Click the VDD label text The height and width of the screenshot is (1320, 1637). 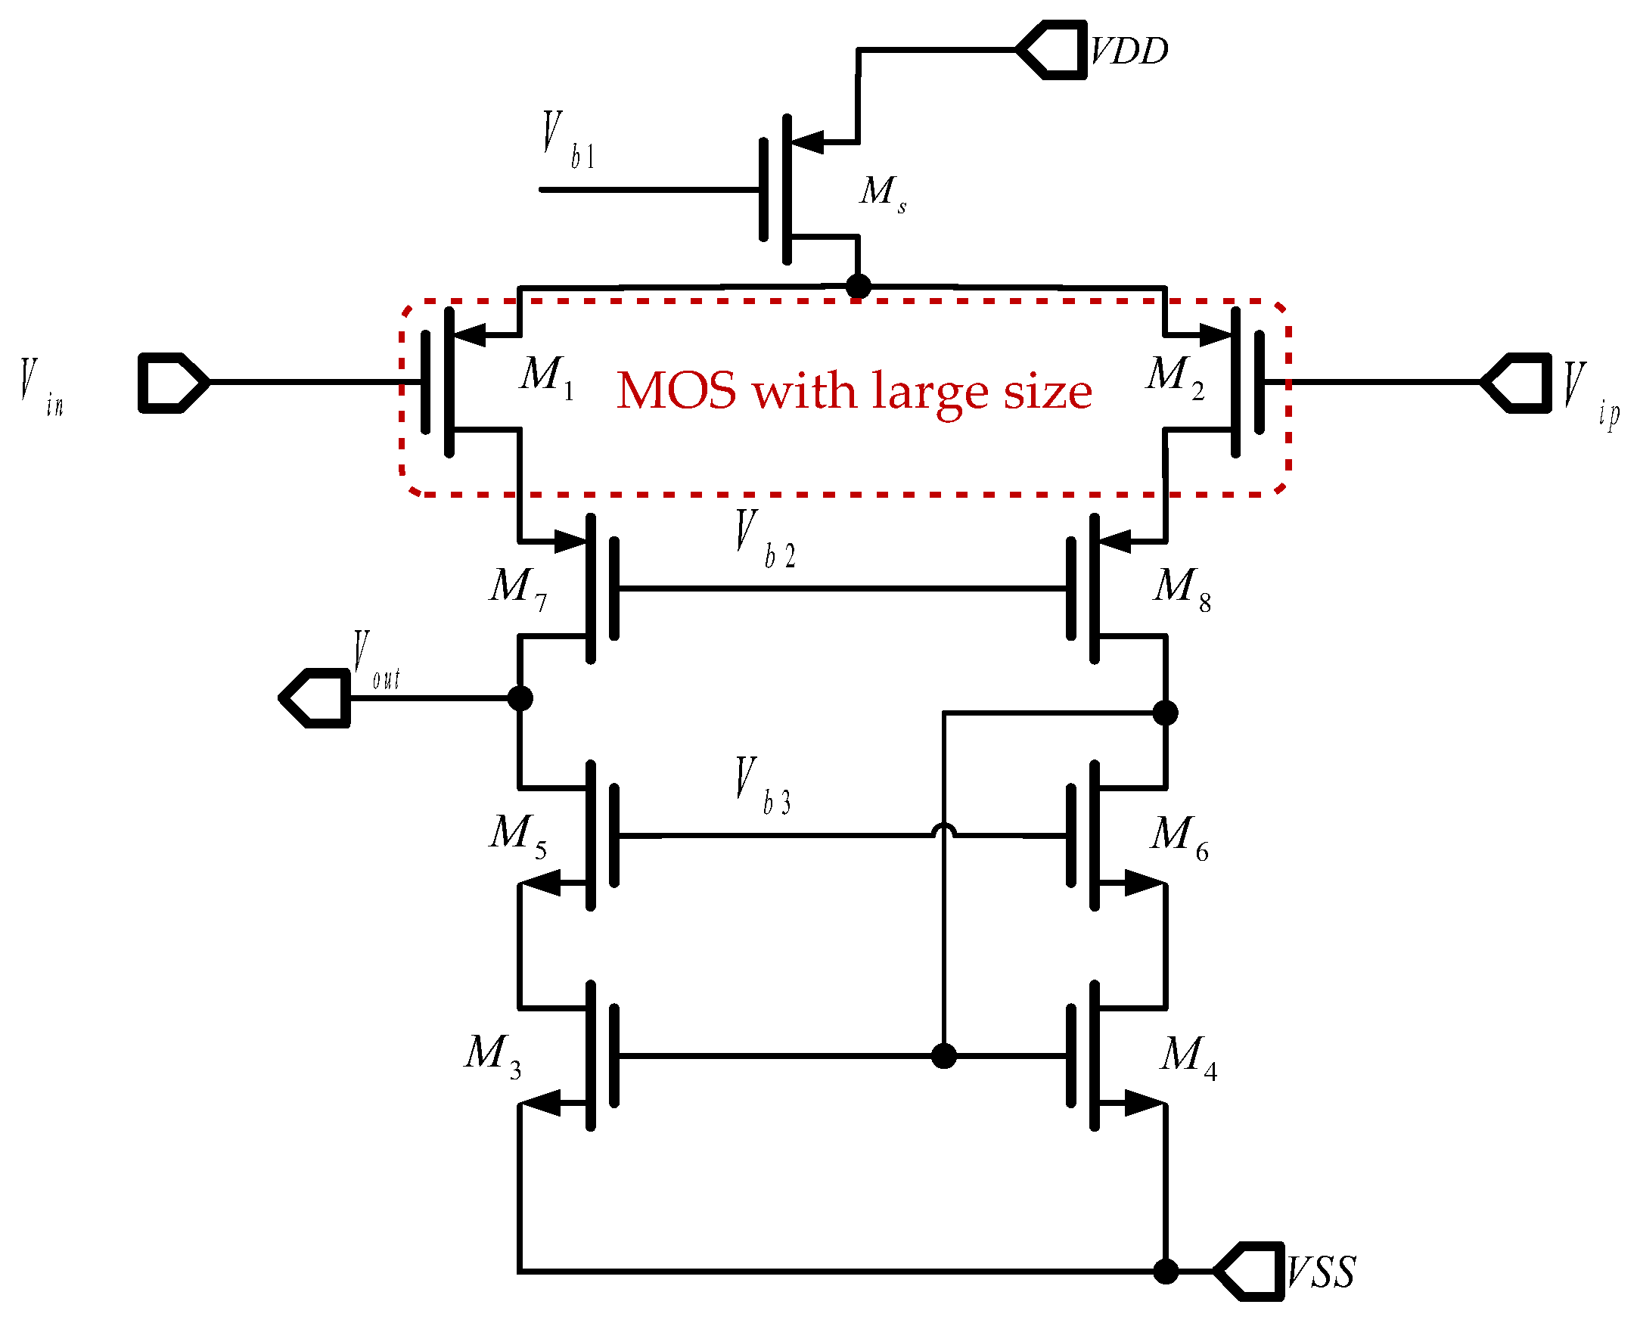(1129, 51)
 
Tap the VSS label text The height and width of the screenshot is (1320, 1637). (1321, 1272)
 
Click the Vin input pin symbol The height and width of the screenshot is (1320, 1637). (172, 383)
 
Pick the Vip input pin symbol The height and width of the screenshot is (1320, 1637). (1517, 383)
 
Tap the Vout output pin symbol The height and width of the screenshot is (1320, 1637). (315, 698)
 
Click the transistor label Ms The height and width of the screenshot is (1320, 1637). (882, 192)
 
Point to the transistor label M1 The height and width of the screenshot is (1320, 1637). (547, 377)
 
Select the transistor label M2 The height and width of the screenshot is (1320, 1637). (1175, 377)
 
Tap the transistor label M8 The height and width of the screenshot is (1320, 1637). (1182, 588)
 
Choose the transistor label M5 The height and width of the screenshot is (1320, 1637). (517, 834)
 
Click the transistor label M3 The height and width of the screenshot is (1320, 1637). (492, 1055)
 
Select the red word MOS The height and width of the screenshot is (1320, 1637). (676, 391)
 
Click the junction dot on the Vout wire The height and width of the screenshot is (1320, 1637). (520, 698)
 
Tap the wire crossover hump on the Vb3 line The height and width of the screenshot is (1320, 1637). (943, 831)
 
